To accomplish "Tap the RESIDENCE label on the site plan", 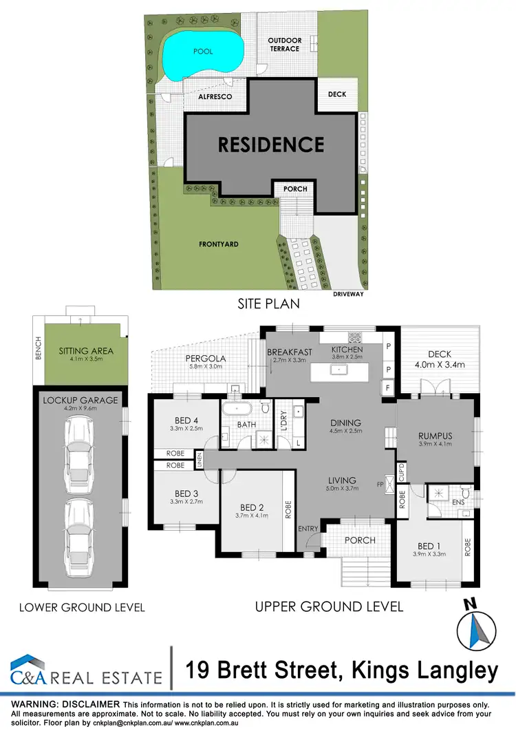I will click(271, 145).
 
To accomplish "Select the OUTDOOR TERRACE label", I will click(283, 45).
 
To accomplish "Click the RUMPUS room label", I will click(435, 435).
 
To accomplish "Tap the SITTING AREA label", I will click(85, 351).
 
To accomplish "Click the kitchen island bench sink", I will click(339, 370).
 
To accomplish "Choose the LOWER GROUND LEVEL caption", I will click(82, 607).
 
